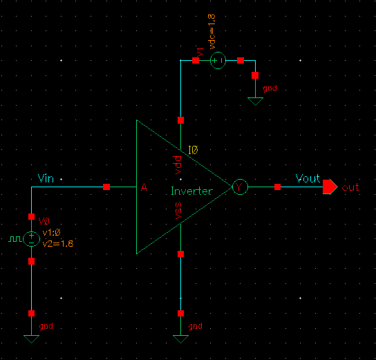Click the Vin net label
tap(46, 180)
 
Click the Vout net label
tap(308, 178)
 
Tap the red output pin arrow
tap(330, 187)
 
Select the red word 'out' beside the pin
tap(350, 188)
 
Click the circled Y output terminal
tap(239, 187)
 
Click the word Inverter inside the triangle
tap(191, 191)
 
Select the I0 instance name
tap(194, 150)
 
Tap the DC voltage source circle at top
tap(217, 61)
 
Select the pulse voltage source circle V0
tap(31, 239)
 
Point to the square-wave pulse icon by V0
tap(15, 239)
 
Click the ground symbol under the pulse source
tap(31, 338)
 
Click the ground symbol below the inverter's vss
tap(180, 338)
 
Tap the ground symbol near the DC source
tap(255, 100)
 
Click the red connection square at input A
tap(106, 187)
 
